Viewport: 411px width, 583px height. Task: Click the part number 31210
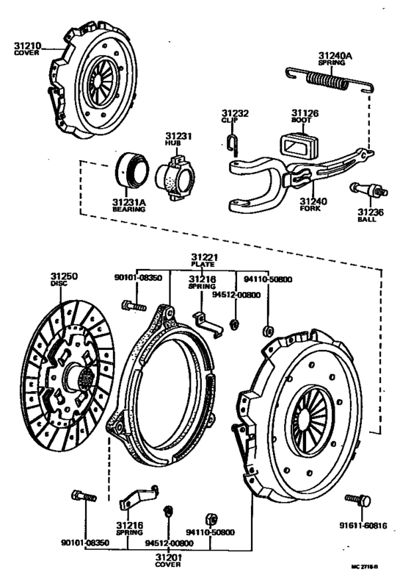coord(27,46)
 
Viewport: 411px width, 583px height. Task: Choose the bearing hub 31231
coord(175,176)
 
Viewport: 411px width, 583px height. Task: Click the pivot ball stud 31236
coord(368,190)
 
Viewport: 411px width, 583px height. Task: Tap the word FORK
coord(310,209)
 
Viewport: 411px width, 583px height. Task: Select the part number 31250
coord(64,276)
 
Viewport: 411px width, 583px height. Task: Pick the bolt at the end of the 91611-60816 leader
coord(358,500)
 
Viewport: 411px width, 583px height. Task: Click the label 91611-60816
coord(363,526)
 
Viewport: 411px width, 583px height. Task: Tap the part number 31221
coord(205,257)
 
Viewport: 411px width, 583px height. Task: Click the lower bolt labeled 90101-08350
coord(84,496)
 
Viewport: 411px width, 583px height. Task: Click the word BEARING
coord(129,210)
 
